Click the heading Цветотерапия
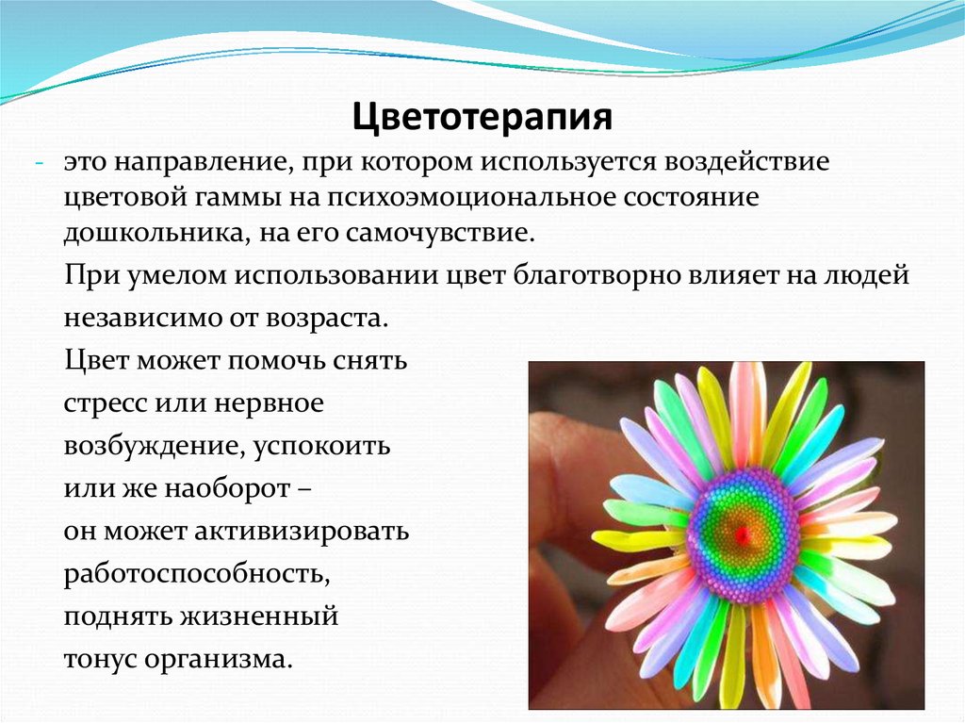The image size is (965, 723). coord(482,119)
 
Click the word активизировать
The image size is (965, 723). coord(303,532)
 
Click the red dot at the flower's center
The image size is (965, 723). coord(742,534)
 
